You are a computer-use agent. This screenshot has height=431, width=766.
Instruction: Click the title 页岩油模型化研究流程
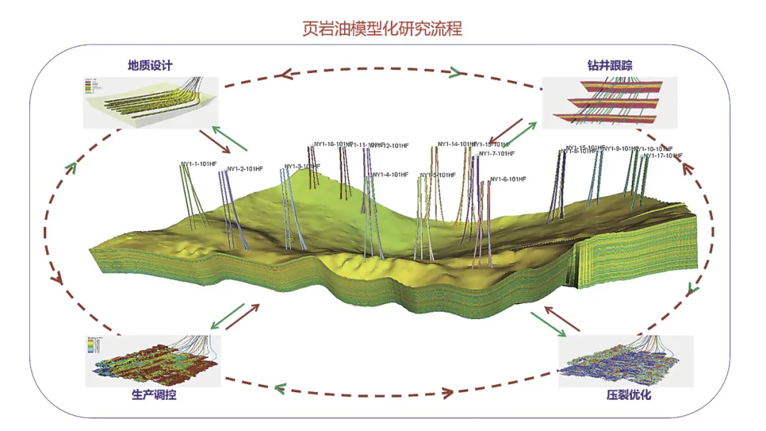point(382,29)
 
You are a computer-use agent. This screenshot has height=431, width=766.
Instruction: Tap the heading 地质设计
point(150,65)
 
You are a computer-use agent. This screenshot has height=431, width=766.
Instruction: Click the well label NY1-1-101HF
point(199,164)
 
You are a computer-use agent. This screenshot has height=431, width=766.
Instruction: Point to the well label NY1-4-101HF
point(390,174)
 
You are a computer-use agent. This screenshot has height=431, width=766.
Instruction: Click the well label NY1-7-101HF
point(496,154)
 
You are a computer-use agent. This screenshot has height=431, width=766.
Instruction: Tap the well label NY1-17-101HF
point(663,155)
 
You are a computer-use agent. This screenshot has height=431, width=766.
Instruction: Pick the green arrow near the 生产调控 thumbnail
point(227,316)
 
